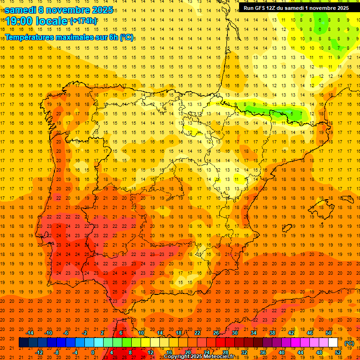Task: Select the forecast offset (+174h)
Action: coord(83,21)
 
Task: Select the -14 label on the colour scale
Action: coord(30,333)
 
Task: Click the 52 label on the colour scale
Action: coord(338,352)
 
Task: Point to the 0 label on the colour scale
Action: coord(93,352)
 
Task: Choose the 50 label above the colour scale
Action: coord(329,333)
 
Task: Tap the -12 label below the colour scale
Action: coord(39,352)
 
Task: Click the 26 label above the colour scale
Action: coord(216,333)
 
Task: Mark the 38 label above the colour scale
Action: coord(272,333)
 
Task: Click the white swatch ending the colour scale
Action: coord(333,343)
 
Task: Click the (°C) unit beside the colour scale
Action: coord(349,343)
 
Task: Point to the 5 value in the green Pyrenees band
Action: coord(292,113)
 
